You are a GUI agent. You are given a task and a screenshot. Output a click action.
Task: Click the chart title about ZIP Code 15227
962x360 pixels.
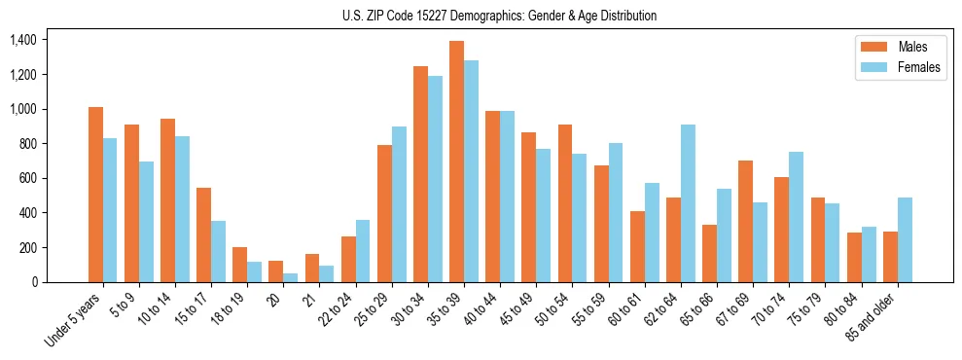500,16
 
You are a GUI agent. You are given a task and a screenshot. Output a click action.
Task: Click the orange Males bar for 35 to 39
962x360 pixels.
456,162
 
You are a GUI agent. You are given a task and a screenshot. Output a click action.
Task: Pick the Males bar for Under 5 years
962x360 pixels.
95,195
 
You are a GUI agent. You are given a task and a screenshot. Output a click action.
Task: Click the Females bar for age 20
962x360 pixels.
290,277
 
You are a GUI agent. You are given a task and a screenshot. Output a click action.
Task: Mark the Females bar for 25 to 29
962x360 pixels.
399,204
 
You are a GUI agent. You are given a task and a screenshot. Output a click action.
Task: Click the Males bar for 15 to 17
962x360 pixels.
203,234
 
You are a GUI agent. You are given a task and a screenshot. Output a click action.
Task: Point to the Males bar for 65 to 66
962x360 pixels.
709,253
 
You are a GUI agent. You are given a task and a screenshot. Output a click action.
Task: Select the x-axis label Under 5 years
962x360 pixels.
76,322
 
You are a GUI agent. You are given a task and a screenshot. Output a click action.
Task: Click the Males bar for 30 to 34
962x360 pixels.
420,174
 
